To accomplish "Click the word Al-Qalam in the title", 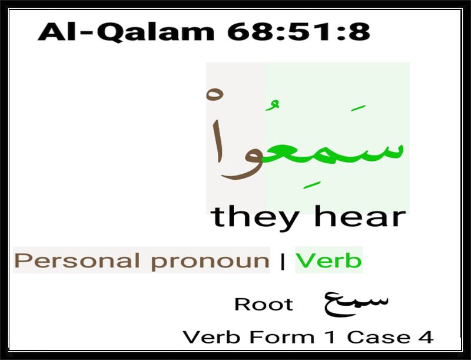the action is tap(126, 32).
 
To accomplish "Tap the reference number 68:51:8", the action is tap(298, 32).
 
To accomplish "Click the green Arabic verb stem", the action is tap(333, 150).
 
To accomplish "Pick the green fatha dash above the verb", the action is tap(358, 108).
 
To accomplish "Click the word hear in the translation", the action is tap(360, 216).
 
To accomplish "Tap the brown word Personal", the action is tap(77, 260).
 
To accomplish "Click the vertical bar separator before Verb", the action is tap(283, 262).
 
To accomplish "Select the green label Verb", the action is tap(329, 260).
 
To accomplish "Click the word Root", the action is tap(264, 305).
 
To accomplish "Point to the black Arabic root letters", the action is tap(356, 303).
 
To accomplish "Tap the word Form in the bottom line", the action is tap(282, 337).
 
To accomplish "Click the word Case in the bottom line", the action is tap(379, 337).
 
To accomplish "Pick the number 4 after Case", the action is tap(426, 337).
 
